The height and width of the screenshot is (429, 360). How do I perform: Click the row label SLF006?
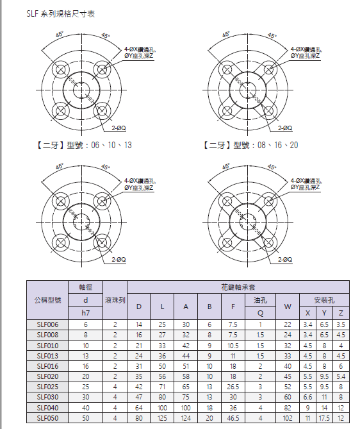pos(47,324)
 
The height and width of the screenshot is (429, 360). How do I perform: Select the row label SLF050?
pos(47,418)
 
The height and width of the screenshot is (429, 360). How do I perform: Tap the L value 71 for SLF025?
pos(162,387)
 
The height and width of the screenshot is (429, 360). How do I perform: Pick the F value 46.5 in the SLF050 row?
pos(233,418)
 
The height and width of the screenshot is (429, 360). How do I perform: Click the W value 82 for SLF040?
pos(288,408)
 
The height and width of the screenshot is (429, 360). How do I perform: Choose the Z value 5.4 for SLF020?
pos(341,377)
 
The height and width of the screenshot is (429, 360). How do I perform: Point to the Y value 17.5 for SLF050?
pos(324,418)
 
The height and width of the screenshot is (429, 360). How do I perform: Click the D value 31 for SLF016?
pos(139,366)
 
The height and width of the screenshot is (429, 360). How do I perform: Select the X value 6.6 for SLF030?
pos(307,398)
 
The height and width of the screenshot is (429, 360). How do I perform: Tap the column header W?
pos(288,307)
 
